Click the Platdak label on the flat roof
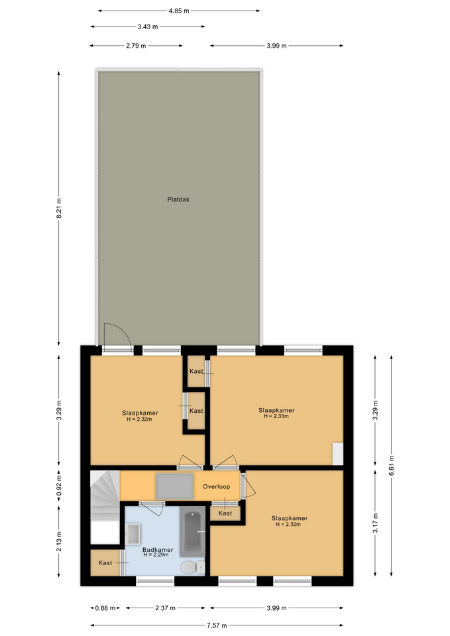pos(178,199)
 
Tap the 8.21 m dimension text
pos(59,209)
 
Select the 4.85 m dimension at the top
pos(179,11)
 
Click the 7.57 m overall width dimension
pos(217,625)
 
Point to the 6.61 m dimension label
pos(392,466)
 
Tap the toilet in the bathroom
pos(193,568)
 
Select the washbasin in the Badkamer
pos(133,534)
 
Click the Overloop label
pos(216,486)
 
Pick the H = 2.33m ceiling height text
pos(276,416)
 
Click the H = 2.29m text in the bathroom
pos(156,555)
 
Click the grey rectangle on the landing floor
pos(175,486)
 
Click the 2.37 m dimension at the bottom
pos(165,608)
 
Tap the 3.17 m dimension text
pos(375,523)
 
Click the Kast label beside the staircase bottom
pos(105,562)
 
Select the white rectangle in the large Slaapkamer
pos(337,453)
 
